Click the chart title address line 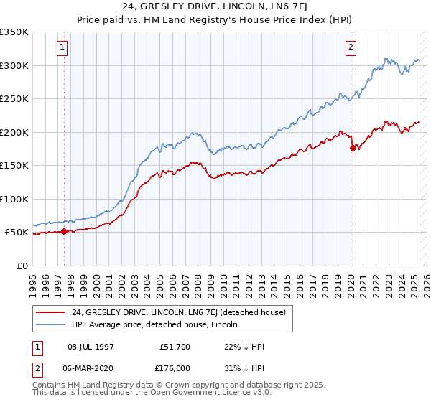[x=215, y=6]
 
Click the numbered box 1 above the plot [x=63, y=48]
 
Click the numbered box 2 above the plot [x=351, y=48]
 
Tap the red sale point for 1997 [x=65, y=231]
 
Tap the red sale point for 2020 [x=353, y=148]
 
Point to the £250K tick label [x=14, y=99]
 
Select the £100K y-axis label [x=14, y=200]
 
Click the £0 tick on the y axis [x=23, y=266]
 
